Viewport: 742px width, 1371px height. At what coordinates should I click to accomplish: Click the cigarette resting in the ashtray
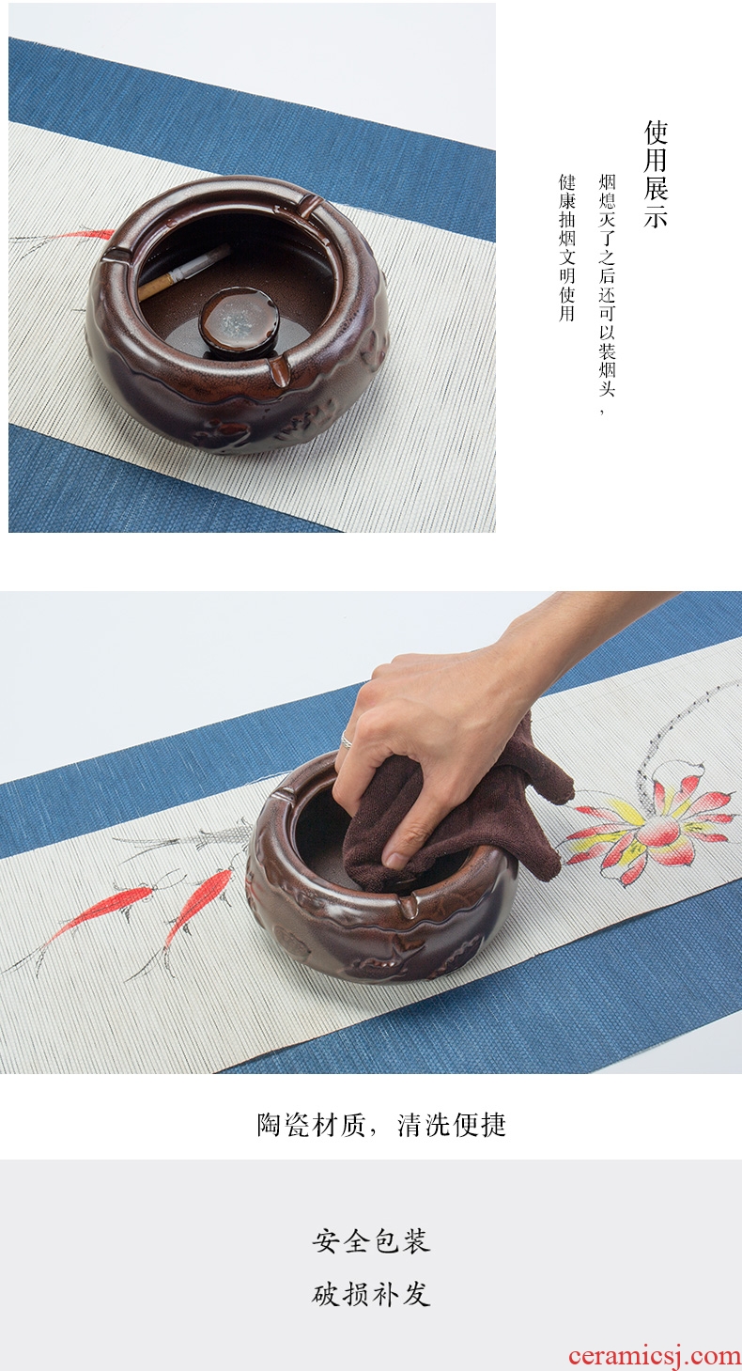(x=183, y=272)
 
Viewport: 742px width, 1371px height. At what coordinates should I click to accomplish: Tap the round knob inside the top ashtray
(x=240, y=320)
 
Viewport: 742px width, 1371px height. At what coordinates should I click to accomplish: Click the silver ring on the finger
(x=346, y=740)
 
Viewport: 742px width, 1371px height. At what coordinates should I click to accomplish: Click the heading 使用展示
(x=656, y=174)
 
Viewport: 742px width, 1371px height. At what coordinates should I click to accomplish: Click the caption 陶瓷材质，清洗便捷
(x=381, y=1125)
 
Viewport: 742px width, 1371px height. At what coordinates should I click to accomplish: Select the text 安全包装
(x=371, y=1240)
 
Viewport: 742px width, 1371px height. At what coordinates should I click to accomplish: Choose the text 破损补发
(x=371, y=1295)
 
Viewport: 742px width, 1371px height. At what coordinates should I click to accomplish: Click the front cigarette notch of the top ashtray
(x=278, y=369)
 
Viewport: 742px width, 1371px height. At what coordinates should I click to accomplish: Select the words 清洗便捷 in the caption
(x=452, y=1125)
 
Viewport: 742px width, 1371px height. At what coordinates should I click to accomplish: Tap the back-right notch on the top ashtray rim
(x=312, y=207)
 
